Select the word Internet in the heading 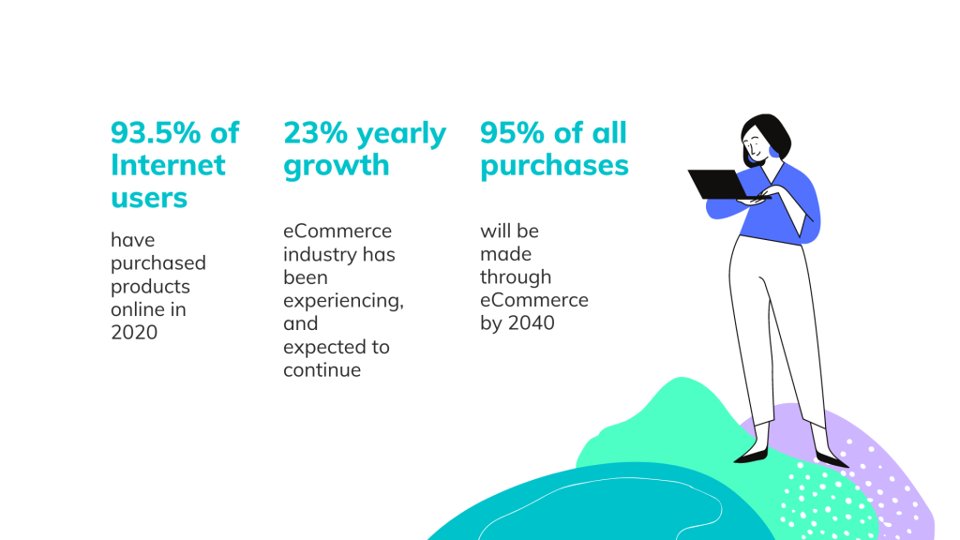[168, 165]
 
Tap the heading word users [149, 198]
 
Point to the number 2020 [134, 332]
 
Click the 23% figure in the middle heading [315, 133]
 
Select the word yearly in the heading [401, 134]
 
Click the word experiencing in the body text [342, 301]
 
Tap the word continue [322, 369]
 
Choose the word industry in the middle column [314, 254]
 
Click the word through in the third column [516, 277]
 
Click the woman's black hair [768, 132]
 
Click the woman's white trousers [774, 324]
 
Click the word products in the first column [150, 287]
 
